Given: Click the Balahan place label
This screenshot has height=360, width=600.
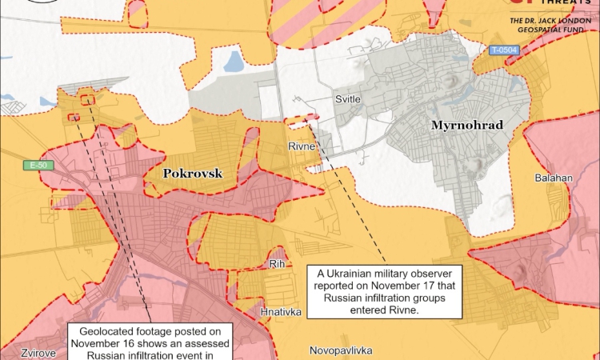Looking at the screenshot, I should point(553,178).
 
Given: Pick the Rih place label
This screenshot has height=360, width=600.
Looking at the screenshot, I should point(278,262).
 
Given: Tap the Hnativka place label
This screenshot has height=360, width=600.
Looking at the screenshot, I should point(281,312).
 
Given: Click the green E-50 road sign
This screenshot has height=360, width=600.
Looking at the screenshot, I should point(36,166).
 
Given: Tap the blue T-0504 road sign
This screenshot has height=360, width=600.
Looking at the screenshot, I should point(504,50).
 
